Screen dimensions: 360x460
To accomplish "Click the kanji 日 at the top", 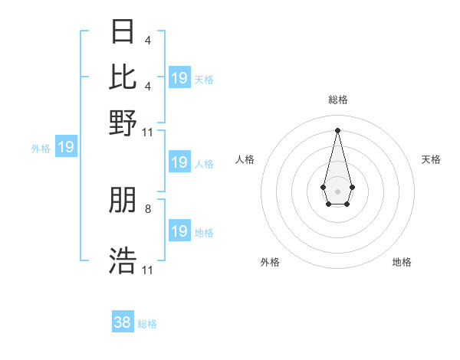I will (123, 33).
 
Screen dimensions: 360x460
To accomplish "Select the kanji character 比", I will (123, 77).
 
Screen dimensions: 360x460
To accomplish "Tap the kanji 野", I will (123, 122).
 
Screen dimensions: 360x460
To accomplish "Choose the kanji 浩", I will (123, 260).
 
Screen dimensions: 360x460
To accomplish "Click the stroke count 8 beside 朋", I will (148, 208).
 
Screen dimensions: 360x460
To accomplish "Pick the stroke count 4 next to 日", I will (147, 40).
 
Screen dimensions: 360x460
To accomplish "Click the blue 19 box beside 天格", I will (179, 78).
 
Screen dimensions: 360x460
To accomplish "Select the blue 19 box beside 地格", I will (179, 231).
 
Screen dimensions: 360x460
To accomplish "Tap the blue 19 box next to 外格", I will (66, 147).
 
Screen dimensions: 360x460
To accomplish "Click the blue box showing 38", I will (123, 322).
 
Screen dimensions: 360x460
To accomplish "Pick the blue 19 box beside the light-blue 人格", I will (179, 162).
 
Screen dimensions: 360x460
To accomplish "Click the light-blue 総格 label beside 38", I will (147, 324).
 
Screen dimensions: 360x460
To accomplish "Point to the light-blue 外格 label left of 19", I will (40, 149).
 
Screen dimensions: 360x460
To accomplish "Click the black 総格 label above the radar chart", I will (337, 100).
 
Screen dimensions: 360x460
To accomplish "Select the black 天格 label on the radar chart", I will (432, 159).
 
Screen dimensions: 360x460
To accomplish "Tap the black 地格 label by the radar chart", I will (402, 263).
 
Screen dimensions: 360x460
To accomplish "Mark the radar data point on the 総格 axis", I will (337, 129).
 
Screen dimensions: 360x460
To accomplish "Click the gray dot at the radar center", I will (337, 190).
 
